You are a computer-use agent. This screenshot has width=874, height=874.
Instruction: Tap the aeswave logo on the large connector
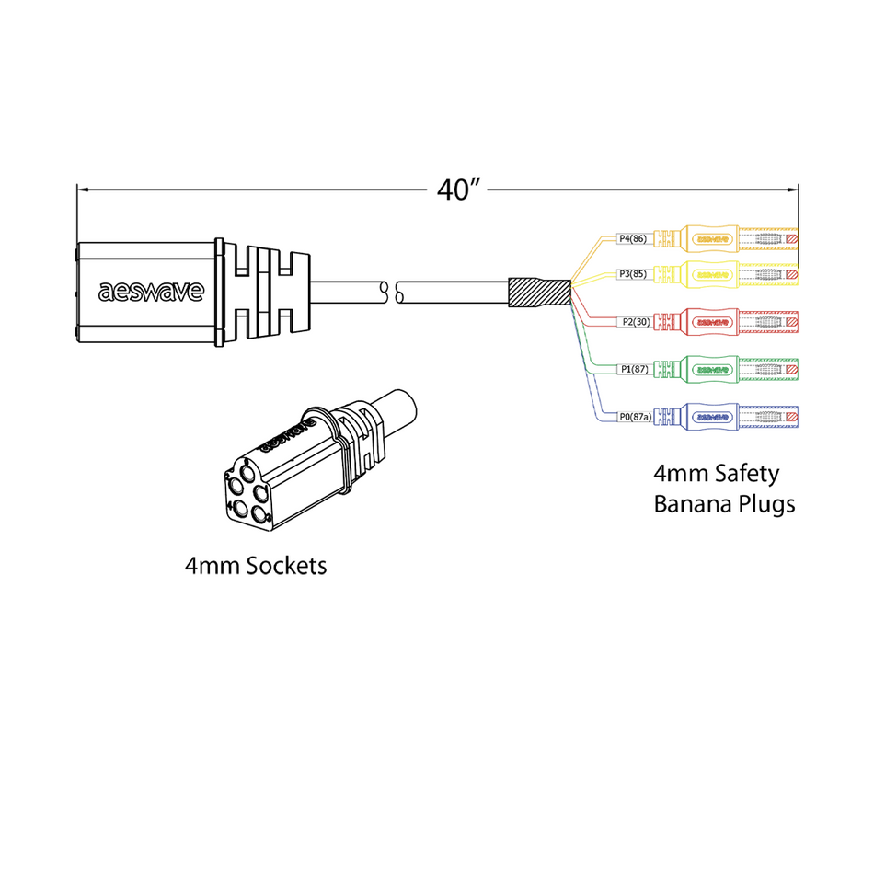151,292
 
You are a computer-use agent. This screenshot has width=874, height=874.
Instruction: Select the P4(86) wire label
633,239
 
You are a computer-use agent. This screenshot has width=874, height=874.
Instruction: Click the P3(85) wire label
633,274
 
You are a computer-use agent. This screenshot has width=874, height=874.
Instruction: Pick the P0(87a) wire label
635,418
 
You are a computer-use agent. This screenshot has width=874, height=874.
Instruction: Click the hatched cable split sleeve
541,293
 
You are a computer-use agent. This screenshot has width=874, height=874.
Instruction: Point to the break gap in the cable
392,293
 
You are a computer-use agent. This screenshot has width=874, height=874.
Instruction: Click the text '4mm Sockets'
255,566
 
